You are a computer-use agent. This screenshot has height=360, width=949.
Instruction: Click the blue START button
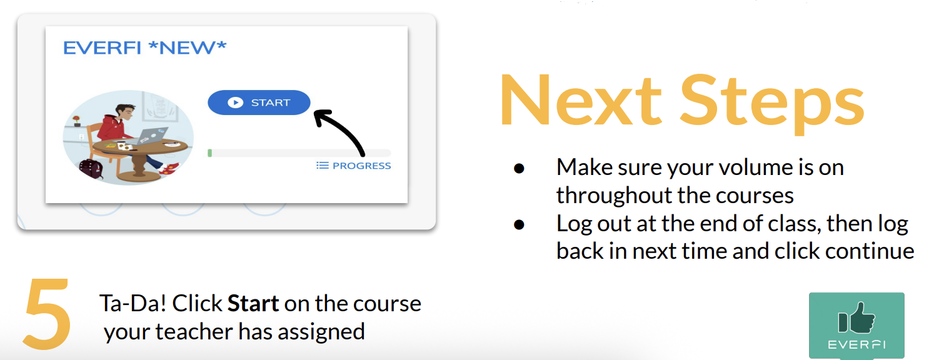(x=259, y=102)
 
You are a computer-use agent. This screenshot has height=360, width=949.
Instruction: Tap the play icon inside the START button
(x=236, y=102)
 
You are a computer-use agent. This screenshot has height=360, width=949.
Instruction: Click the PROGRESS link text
(x=361, y=166)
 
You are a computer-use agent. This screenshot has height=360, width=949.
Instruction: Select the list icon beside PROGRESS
(x=323, y=165)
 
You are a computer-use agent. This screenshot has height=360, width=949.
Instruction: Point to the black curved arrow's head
(x=321, y=116)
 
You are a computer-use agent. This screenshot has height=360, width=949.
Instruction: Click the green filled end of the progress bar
(x=209, y=153)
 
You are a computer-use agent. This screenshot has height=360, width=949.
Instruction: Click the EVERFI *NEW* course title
(x=145, y=48)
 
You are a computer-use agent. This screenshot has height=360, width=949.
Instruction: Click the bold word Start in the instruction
(x=253, y=303)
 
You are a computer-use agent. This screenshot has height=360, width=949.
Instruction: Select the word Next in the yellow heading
(x=580, y=101)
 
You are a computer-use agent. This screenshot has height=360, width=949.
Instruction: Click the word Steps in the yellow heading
(x=772, y=104)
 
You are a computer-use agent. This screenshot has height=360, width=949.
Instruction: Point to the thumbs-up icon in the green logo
(x=856, y=317)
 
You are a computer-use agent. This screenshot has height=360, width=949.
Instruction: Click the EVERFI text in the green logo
(x=856, y=345)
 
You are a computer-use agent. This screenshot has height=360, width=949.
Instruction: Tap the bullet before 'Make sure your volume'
(x=519, y=169)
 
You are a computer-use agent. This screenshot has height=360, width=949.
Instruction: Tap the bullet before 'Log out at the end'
(x=519, y=224)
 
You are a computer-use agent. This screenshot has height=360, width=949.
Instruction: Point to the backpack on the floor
(x=91, y=169)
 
